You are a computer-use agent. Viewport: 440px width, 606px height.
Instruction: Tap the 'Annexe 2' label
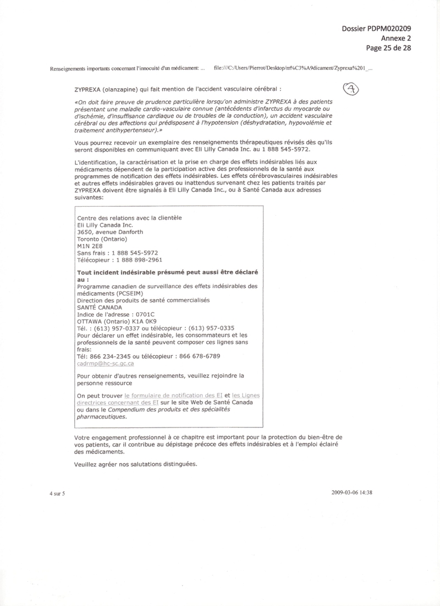click(x=396, y=38)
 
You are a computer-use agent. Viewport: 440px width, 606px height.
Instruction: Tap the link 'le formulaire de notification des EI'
click(x=173, y=396)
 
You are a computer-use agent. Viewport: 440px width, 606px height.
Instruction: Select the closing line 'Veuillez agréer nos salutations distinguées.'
click(x=135, y=464)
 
